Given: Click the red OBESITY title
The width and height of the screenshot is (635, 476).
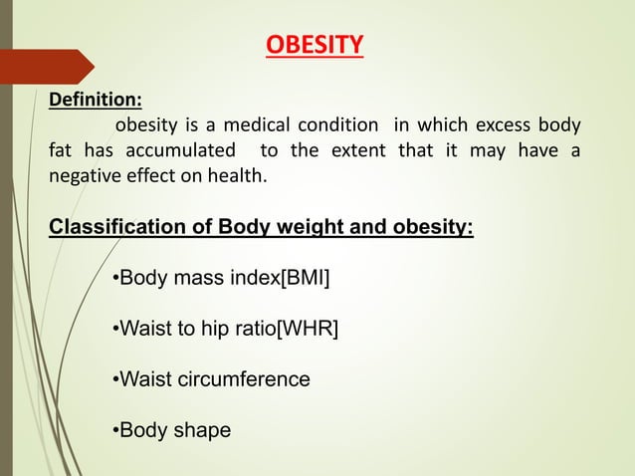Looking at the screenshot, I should pyautogui.click(x=315, y=46).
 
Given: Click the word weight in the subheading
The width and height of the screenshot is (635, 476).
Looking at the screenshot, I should pyautogui.click(x=301, y=226).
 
